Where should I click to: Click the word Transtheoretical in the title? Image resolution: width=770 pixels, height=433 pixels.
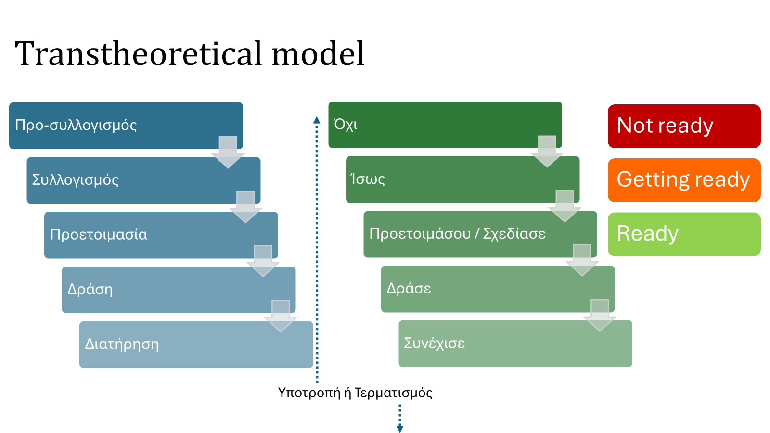pyautogui.click(x=139, y=53)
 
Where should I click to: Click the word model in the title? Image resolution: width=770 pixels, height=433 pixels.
pyautogui.click(x=318, y=53)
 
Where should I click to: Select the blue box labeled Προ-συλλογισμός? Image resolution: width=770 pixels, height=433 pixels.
pyautogui.click(x=126, y=126)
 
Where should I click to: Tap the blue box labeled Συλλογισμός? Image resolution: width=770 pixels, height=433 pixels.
pyautogui.click(x=143, y=180)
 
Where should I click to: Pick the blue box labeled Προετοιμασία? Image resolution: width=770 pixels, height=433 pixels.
pyautogui.click(x=161, y=235)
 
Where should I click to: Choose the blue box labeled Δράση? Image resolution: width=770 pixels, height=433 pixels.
pyautogui.click(x=179, y=290)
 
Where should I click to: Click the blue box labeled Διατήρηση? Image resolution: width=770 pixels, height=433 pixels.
pyautogui.click(x=196, y=344)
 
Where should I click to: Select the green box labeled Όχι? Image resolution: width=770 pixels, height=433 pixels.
pyautogui.click(x=445, y=125)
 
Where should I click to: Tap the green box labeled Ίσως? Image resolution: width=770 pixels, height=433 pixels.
pyautogui.click(x=462, y=179)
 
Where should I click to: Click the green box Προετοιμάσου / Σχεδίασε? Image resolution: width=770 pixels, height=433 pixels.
pyautogui.click(x=480, y=234)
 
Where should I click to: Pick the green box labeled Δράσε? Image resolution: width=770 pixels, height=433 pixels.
pyautogui.click(x=498, y=289)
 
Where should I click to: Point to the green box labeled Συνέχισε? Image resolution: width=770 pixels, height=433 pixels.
pyautogui.click(x=515, y=344)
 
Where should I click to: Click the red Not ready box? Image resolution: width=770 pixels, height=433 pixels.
pyautogui.click(x=684, y=126)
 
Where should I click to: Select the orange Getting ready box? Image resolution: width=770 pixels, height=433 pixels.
pyautogui.click(x=684, y=180)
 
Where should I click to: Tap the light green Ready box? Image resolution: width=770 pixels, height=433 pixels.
pyautogui.click(x=684, y=234)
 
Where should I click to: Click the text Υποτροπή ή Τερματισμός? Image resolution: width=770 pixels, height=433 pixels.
pyautogui.click(x=355, y=393)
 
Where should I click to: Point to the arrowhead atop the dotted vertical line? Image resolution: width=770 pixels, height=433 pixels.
pyautogui.click(x=317, y=120)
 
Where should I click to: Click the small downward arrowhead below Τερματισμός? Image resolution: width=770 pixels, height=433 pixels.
pyautogui.click(x=400, y=429)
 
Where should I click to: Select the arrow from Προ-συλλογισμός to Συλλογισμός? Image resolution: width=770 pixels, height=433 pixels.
pyautogui.click(x=228, y=152)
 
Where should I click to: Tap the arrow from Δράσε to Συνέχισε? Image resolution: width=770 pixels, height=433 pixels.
pyautogui.click(x=600, y=316)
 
